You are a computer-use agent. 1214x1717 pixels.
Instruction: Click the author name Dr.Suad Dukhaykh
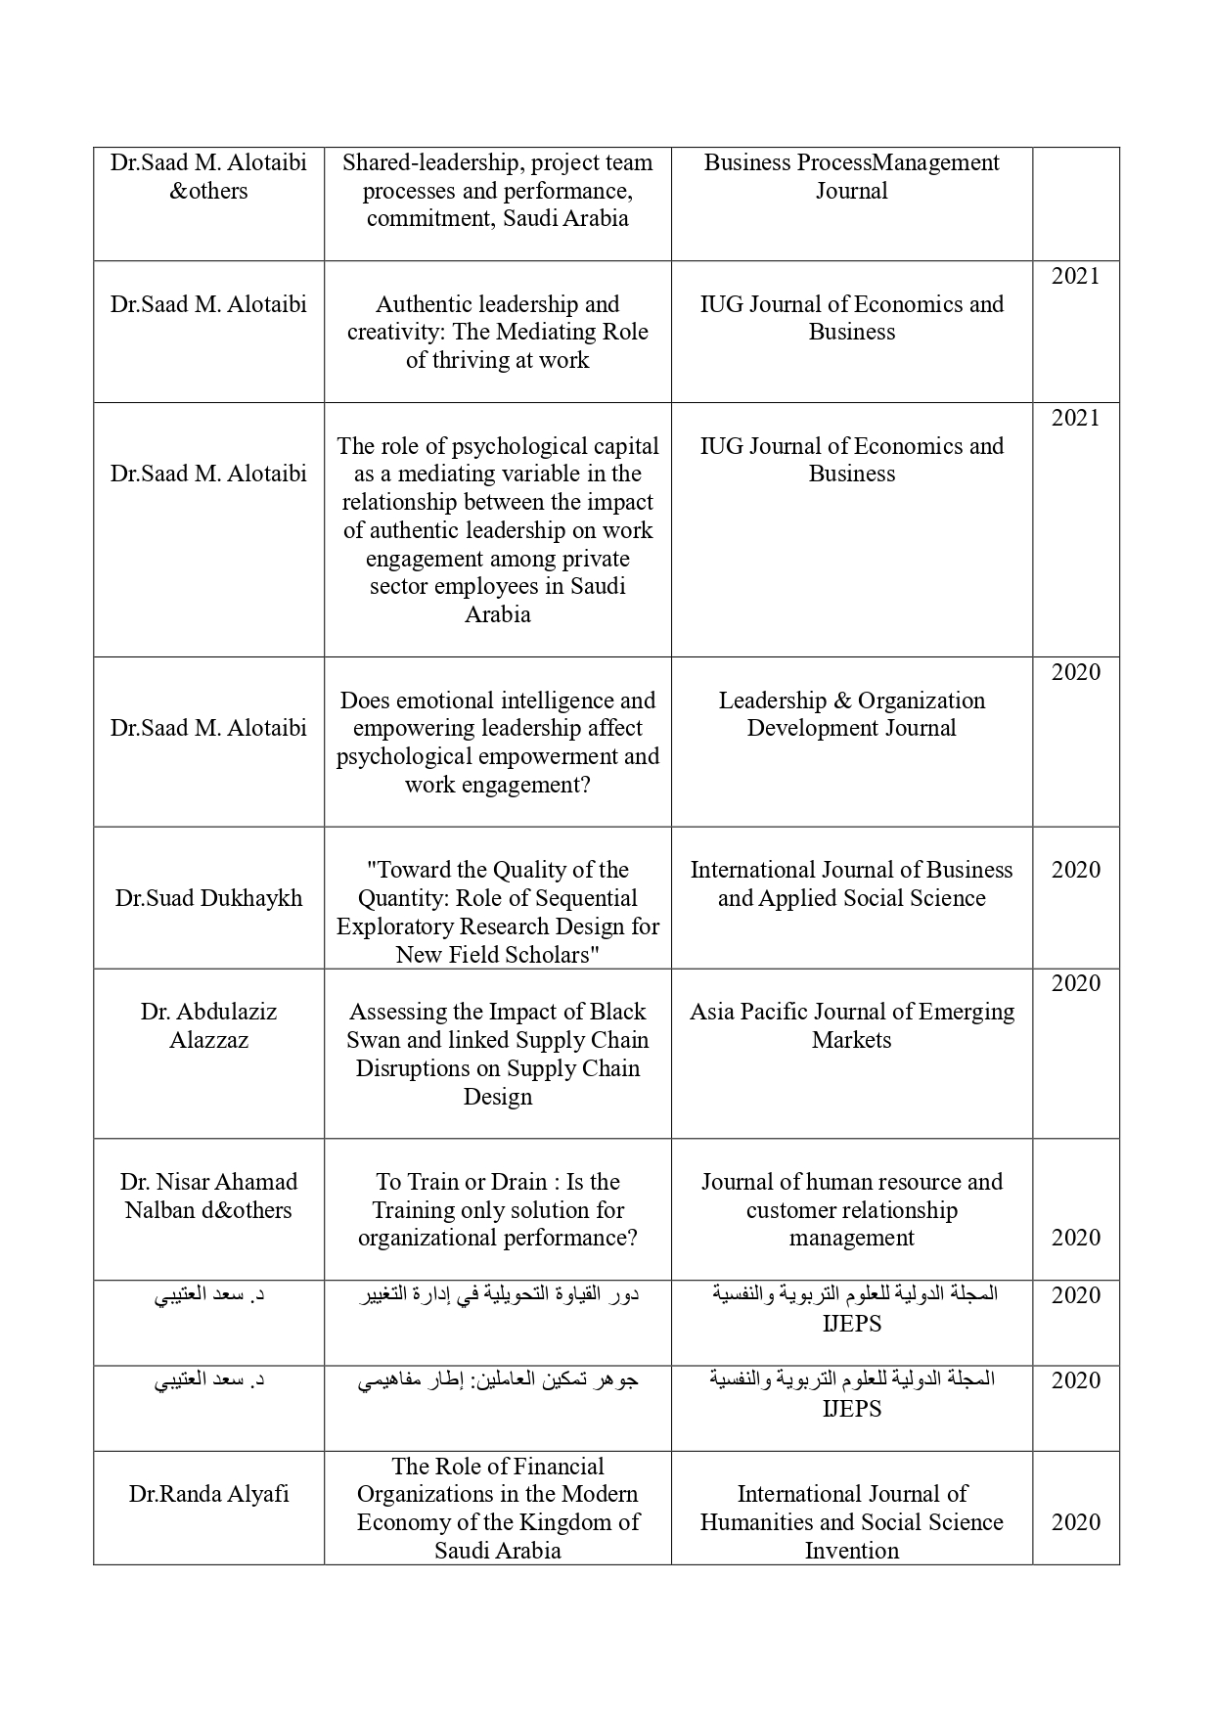[208, 898]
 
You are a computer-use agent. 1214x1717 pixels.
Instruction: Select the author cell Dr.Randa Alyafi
[208, 1494]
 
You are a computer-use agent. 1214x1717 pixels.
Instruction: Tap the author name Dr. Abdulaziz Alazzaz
[208, 1025]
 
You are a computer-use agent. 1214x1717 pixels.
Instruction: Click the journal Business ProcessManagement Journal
[851, 176]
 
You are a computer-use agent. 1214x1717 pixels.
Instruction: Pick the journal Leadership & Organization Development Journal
[851, 714]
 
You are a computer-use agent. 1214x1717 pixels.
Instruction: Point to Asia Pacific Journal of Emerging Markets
[851, 1025]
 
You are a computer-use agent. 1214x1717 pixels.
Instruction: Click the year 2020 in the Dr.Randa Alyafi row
[1075, 1522]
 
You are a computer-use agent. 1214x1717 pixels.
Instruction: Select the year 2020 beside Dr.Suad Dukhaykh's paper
[1075, 870]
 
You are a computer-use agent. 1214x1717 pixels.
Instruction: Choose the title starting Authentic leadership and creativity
[497, 332]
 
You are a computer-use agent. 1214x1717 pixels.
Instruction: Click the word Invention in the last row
[851, 1551]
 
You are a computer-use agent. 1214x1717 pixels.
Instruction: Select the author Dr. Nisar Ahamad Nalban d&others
[208, 1196]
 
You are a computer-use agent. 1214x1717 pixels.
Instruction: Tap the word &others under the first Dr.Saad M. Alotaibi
[208, 191]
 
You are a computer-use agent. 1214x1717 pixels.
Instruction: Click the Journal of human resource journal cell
[851, 1209]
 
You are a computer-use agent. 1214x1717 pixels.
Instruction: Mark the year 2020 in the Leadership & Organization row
[1075, 672]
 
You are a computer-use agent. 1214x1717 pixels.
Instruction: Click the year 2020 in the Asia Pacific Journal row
[1075, 983]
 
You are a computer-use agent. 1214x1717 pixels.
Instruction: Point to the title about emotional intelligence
[497, 743]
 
